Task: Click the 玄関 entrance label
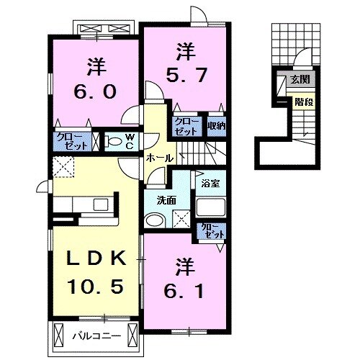coord(300,79)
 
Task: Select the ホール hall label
coord(160,158)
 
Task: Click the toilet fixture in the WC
coord(114,141)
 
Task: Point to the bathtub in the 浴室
coord(210,207)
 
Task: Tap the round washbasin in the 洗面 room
coord(155,220)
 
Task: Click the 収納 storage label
coord(217,125)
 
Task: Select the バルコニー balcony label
coord(96,336)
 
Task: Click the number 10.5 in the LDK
coord(96,287)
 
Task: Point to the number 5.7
coord(186,75)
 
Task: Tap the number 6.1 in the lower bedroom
coord(184,291)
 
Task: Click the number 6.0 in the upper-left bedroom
coord(95,91)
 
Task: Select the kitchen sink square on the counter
coord(101,204)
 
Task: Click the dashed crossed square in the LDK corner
coord(63,166)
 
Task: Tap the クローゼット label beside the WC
coord(72,142)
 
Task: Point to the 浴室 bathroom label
coord(210,184)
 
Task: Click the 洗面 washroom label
coord(166,200)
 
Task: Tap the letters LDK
coord(96,258)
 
